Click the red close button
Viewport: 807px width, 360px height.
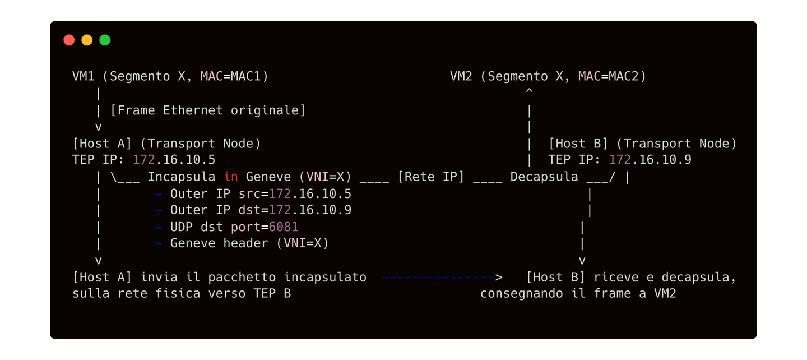point(69,40)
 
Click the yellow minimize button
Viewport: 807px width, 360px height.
point(87,40)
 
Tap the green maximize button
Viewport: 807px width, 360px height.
point(105,40)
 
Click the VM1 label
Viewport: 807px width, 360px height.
point(84,76)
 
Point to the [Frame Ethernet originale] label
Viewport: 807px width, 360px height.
point(208,110)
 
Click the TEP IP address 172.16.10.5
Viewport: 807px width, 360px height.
point(174,160)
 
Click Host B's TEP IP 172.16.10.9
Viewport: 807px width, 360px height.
point(650,160)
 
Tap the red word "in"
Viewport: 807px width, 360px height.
point(231,177)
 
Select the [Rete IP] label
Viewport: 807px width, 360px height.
point(431,177)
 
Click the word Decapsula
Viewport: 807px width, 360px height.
point(544,177)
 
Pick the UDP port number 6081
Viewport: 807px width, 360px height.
point(284,227)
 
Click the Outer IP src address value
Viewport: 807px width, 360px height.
point(310,193)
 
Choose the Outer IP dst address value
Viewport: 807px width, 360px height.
point(310,210)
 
